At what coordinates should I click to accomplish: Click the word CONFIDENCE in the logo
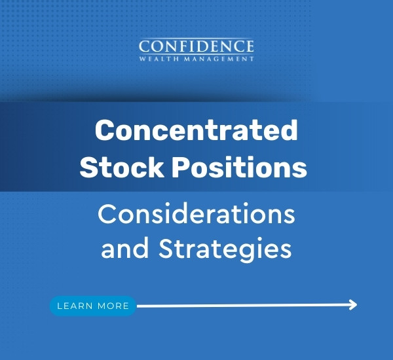196,47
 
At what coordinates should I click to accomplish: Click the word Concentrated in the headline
196,132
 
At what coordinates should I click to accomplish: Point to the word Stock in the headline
121,168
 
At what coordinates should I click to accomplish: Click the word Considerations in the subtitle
196,213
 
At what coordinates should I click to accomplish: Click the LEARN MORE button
93,306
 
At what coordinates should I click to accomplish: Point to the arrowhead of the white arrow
353,304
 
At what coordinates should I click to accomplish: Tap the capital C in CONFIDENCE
145,47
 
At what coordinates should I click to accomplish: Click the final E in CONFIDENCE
248,47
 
